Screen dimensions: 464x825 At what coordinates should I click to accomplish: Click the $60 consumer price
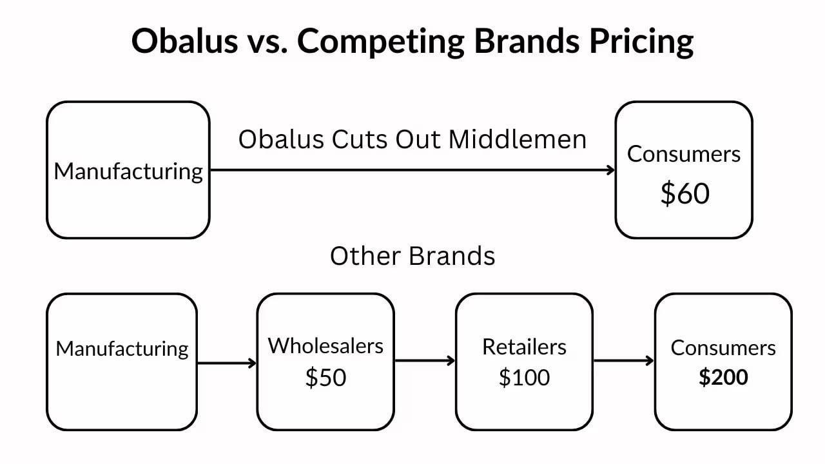684,193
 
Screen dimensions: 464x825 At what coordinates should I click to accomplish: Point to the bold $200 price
723,377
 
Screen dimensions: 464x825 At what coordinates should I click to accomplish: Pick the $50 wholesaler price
325,378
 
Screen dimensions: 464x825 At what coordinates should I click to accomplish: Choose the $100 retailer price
524,378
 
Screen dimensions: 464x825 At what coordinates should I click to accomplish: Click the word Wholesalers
325,346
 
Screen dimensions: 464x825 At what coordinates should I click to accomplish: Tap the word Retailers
524,347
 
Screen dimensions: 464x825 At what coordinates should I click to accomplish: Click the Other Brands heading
412,256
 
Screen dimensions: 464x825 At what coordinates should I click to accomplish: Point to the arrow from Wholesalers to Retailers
425,361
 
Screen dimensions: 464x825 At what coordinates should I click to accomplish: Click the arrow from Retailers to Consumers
623,361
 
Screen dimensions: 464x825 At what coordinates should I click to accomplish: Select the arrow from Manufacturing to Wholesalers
226,363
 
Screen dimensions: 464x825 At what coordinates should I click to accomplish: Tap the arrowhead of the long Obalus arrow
611,170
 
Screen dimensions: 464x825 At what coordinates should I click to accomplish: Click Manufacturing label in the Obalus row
128,171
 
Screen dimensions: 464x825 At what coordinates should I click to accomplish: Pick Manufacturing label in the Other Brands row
122,349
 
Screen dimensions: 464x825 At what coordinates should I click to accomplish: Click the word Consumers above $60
684,154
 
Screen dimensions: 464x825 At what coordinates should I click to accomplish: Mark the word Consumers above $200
723,348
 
